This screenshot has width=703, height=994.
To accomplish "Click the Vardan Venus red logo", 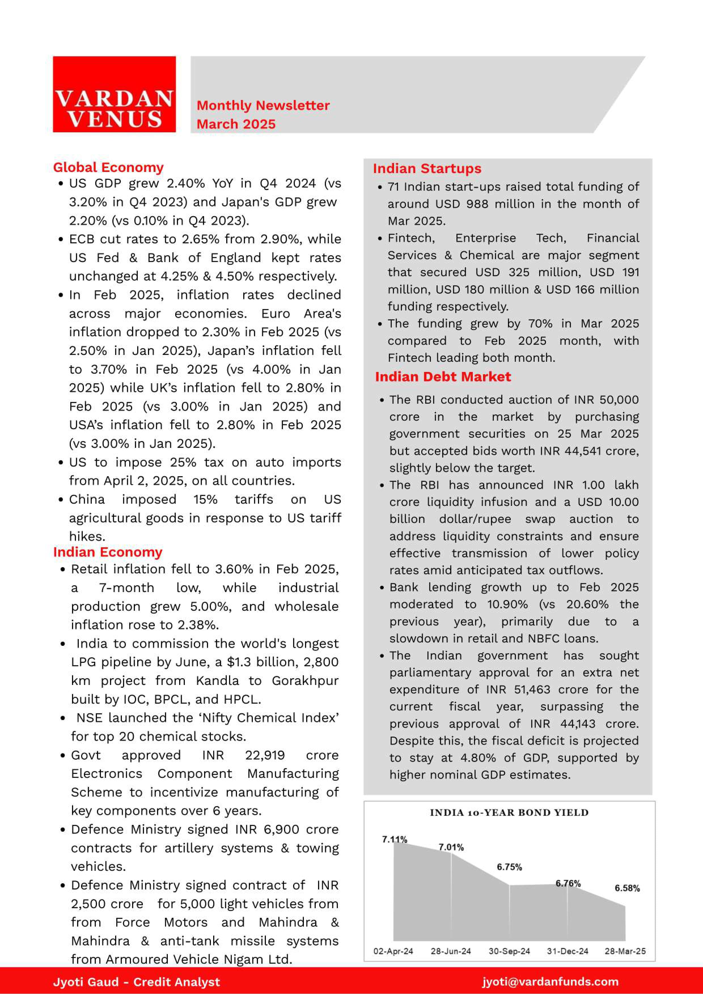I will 114,94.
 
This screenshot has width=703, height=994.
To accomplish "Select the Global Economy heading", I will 108,167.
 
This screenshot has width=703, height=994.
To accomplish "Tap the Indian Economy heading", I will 107,552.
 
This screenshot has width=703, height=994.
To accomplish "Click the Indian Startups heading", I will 427,169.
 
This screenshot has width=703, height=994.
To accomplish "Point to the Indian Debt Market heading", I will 443,377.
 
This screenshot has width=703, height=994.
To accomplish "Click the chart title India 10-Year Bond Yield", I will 509,813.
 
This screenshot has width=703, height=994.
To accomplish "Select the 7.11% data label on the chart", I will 394,839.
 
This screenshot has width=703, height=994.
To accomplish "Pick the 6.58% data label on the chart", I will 627,888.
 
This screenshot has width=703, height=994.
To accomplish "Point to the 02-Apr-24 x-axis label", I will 393,951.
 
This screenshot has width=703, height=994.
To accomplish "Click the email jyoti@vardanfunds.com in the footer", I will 550,982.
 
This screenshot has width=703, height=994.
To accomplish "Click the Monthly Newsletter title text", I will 263,105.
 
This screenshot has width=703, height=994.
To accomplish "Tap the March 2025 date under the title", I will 236,124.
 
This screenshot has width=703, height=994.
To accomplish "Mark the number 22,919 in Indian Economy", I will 265,755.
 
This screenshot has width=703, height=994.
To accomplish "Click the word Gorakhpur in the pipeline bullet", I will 305,681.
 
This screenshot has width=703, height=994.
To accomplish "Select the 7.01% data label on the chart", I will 451,847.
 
